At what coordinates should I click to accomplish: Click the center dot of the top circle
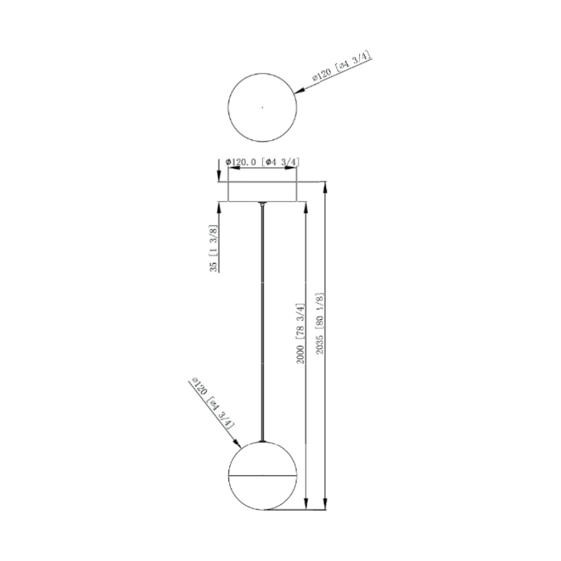pyautogui.click(x=262, y=106)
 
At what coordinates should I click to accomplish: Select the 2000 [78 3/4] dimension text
pyautogui.click(x=301, y=333)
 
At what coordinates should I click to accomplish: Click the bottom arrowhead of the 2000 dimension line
pyautogui.click(x=306, y=503)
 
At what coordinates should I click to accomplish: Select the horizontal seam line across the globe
pyautogui.click(x=263, y=473)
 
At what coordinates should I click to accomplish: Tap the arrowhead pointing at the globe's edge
pyautogui.click(x=236, y=445)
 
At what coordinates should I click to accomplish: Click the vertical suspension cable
pyautogui.click(x=263, y=321)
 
